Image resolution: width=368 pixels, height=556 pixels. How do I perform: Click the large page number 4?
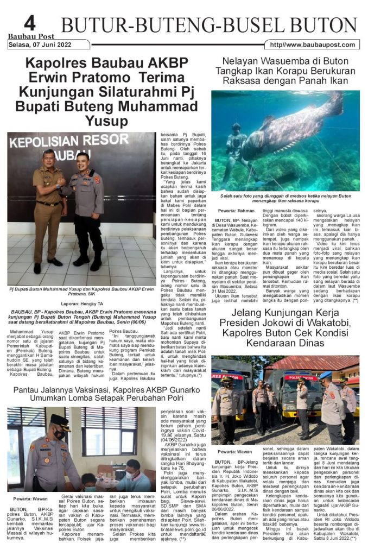tap(29, 23)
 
